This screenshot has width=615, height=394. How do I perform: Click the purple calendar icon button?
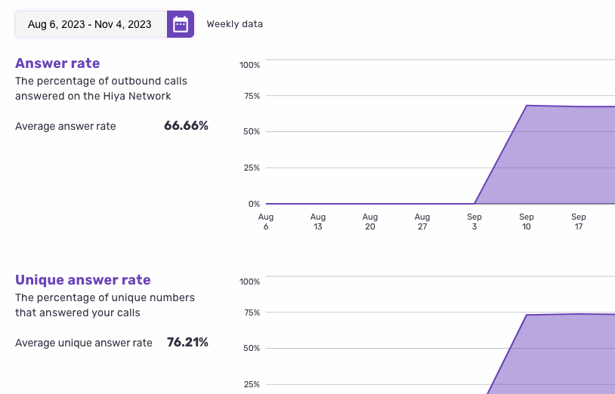tap(181, 24)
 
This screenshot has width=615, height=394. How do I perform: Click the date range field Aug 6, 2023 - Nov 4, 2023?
tap(90, 24)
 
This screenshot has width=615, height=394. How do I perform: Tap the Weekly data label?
tap(235, 24)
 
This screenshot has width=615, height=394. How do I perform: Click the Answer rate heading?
tap(57, 63)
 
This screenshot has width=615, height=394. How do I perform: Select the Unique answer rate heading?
tap(83, 280)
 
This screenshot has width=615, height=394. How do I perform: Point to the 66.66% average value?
tap(186, 126)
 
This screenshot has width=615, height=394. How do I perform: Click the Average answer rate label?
tap(66, 127)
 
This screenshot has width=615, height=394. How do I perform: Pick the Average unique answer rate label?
tap(84, 343)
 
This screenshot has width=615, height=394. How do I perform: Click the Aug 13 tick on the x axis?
tap(318, 222)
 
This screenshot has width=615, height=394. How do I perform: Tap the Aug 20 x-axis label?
tap(370, 222)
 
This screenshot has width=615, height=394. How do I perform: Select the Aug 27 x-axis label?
tap(422, 222)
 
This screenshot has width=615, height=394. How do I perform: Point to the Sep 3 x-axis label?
tap(474, 222)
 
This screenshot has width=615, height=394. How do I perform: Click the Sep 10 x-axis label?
tap(527, 222)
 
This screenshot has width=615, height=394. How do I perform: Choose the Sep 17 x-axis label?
tap(579, 222)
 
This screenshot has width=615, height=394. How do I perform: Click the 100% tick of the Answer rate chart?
tap(249, 65)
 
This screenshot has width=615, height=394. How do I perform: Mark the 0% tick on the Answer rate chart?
tap(254, 204)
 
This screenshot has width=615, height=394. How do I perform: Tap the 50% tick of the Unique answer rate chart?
tap(249, 349)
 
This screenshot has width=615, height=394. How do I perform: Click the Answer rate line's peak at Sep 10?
tap(527, 106)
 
